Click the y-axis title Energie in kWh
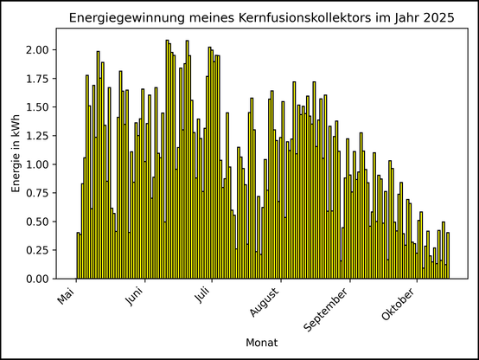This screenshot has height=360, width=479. pos(16,153)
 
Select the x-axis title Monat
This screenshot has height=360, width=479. pos(262,344)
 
